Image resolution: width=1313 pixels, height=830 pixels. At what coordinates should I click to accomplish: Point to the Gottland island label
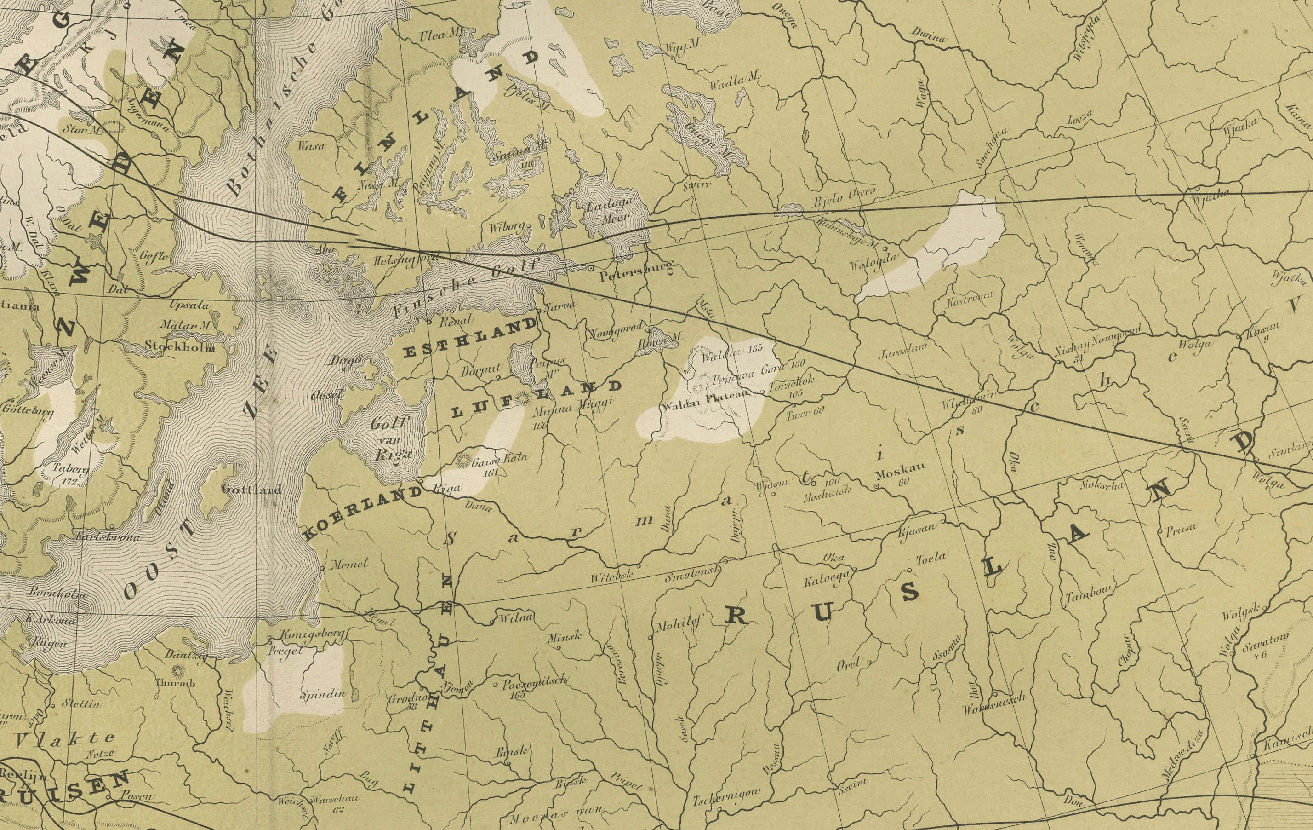pyautogui.click(x=251, y=490)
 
